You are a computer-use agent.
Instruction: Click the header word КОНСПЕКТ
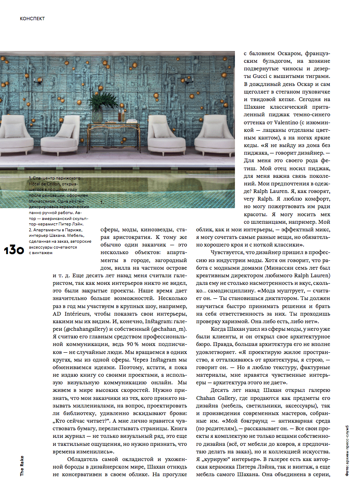32,19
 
